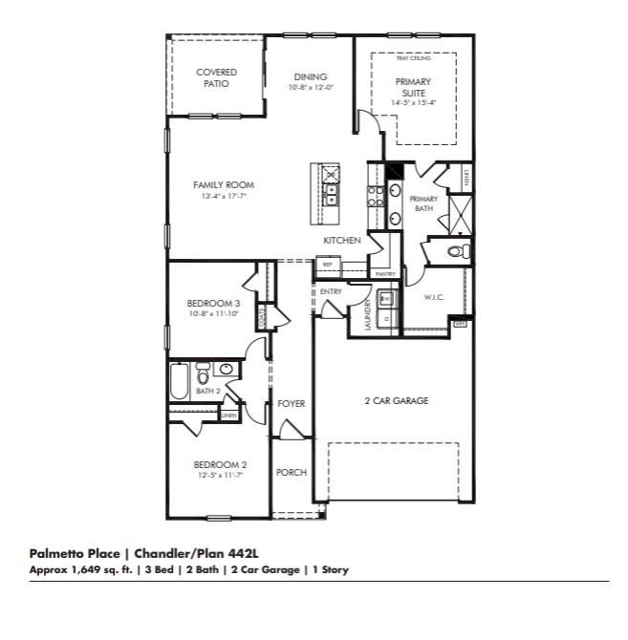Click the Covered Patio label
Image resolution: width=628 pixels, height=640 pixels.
pyautogui.click(x=216, y=77)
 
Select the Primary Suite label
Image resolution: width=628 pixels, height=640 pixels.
pyautogui.click(x=413, y=87)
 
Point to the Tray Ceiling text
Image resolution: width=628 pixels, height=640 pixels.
pyautogui.click(x=413, y=58)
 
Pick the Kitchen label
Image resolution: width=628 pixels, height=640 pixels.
pyautogui.click(x=341, y=241)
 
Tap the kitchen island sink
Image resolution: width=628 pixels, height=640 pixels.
pyautogui.click(x=331, y=195)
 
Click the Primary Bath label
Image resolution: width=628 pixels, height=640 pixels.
pyautogui.click(x=423, y=203)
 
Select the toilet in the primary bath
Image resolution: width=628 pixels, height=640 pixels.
pyautogui.click(x=459, y=251)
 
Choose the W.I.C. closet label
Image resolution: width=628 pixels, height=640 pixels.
pyautogui.click(x=435, y=298)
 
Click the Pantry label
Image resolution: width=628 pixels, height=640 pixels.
pyautogui.click(x=385, y=274)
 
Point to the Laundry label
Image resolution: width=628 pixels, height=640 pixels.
pyautogui.click(x=368, y=314)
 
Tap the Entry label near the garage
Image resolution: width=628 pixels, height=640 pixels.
pyautogui.click(x=332, y=291)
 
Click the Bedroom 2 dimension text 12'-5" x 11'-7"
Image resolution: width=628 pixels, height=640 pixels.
pyautogui.click(x=220, y=475)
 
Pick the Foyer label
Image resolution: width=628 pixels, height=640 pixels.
pyautogui.click(x=291, y=404)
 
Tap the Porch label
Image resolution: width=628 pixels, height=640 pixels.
pyautogui.click(x=291, y=473)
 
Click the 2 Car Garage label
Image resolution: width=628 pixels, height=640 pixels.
pyautogui.click(x=396, y=401)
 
